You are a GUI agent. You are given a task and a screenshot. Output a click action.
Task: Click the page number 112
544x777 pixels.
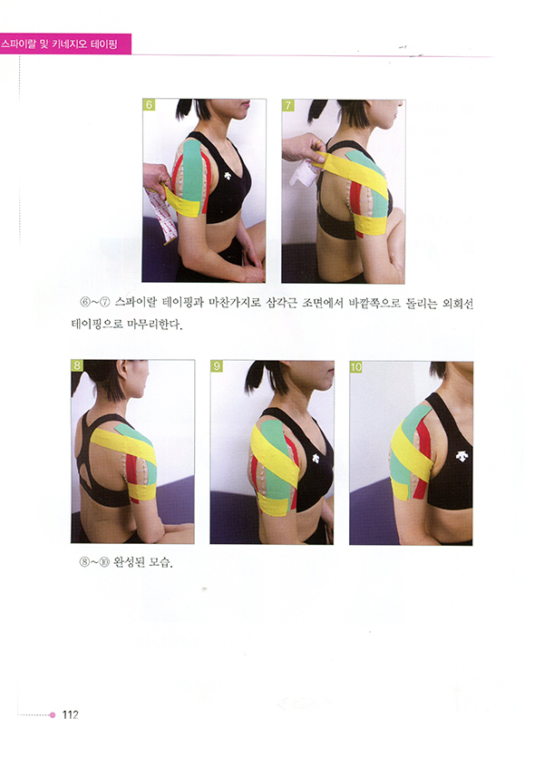71,714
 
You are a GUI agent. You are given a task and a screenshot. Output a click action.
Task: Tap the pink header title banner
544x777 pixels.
65,44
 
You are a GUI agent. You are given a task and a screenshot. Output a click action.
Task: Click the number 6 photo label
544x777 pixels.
149,104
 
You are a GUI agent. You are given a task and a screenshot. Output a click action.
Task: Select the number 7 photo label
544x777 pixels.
287,105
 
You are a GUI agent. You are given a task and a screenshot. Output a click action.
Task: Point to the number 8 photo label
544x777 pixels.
77,365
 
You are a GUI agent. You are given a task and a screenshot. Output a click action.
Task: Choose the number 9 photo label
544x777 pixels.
217,366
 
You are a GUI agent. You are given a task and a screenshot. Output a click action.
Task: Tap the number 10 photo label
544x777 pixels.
356,366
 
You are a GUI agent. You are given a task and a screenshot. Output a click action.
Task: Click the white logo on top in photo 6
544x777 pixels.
228,175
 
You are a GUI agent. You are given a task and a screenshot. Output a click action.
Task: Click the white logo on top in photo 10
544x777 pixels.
461,455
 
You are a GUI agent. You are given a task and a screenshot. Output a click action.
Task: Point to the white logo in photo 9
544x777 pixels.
316,459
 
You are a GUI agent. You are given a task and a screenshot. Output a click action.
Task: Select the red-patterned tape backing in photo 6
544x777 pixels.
160,215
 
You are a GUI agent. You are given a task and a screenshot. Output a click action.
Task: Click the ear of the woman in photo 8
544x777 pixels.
121,369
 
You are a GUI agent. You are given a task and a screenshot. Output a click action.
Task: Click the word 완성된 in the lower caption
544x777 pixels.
129,562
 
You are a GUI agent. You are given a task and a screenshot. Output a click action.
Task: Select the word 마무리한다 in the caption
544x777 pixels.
154,325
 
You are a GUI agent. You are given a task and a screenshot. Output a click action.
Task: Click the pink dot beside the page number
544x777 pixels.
53,715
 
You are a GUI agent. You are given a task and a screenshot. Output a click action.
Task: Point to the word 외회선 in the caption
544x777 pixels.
457,303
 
